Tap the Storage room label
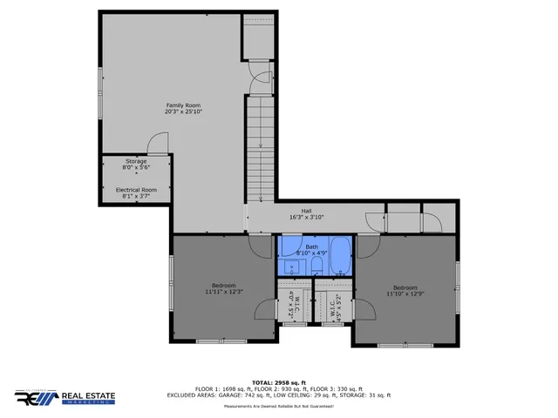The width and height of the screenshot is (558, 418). click(x=136, y=161)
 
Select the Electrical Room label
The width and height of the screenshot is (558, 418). click(x=137, y=189)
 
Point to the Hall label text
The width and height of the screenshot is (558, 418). click(x=306, y=211)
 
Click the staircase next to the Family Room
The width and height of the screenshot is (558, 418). click(x=260, y=148)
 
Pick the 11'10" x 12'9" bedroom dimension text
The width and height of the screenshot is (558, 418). click(x=405, y=294)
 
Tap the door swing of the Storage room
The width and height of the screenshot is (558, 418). click(x=157, y=144)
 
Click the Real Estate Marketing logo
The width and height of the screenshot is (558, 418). click(x=64, y=397)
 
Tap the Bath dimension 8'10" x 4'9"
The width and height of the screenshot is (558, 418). click(x=311, y=253)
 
